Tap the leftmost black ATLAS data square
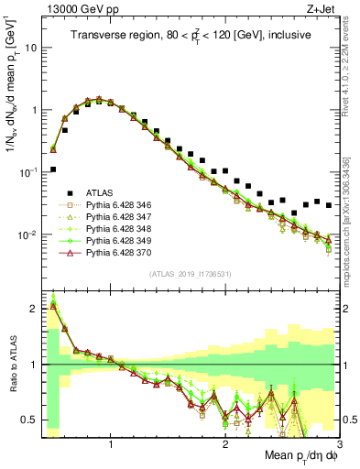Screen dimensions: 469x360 tap(53, 169)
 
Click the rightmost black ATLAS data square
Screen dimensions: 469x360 tap(328, 205)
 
